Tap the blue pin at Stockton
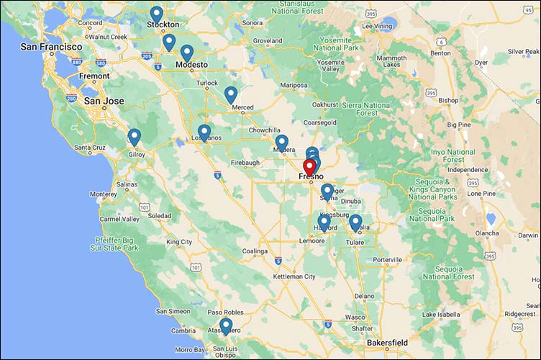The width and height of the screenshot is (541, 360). tap(156, 14)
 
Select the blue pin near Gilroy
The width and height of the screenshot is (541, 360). tap(135, 137)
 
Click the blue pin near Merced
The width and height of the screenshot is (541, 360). tap(231, 94)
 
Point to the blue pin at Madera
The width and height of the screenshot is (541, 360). tap(281, 143)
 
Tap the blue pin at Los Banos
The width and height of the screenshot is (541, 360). tap(204, 132)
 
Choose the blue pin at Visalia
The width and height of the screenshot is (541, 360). tap(355, 222)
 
